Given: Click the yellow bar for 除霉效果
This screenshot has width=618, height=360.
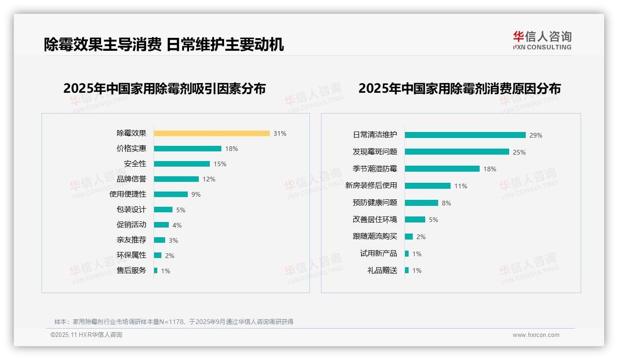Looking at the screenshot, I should coord(212,133).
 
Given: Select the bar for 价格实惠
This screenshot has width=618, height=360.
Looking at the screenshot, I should coord(188,149).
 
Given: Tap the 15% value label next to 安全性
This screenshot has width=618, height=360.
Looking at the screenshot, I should coord(220,164).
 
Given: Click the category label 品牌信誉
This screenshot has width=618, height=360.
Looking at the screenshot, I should coord(131,179).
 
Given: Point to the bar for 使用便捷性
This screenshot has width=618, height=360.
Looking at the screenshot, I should coord(171,194).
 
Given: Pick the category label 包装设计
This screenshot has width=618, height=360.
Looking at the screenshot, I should coord(131,210).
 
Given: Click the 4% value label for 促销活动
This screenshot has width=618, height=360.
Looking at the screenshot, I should coord(177,225).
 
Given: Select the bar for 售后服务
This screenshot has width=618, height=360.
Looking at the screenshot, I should coord(156,270).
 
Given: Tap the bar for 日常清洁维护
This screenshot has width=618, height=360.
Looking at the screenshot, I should coord(465,135).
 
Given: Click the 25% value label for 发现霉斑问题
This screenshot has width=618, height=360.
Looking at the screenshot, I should coord(519,152).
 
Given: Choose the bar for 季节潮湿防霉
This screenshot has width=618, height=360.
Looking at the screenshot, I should coord(442,169).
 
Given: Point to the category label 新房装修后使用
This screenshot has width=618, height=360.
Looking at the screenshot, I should coord(371,186).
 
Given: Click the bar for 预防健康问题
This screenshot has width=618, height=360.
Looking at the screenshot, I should coord(422,203).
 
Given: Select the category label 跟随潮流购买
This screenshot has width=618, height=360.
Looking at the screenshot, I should coord(375,236).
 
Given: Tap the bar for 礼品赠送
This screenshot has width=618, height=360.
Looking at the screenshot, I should coord(407,270).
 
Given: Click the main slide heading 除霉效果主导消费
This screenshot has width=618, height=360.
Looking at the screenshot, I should coord(102,44).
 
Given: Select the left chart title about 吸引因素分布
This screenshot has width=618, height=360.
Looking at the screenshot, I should coord(165,89).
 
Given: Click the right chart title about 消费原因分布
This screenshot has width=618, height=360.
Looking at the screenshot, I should coord(459,89).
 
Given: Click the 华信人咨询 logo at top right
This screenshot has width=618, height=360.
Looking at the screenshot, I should coord(542,41).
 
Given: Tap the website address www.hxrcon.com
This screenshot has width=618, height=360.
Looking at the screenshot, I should coord(536,335).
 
